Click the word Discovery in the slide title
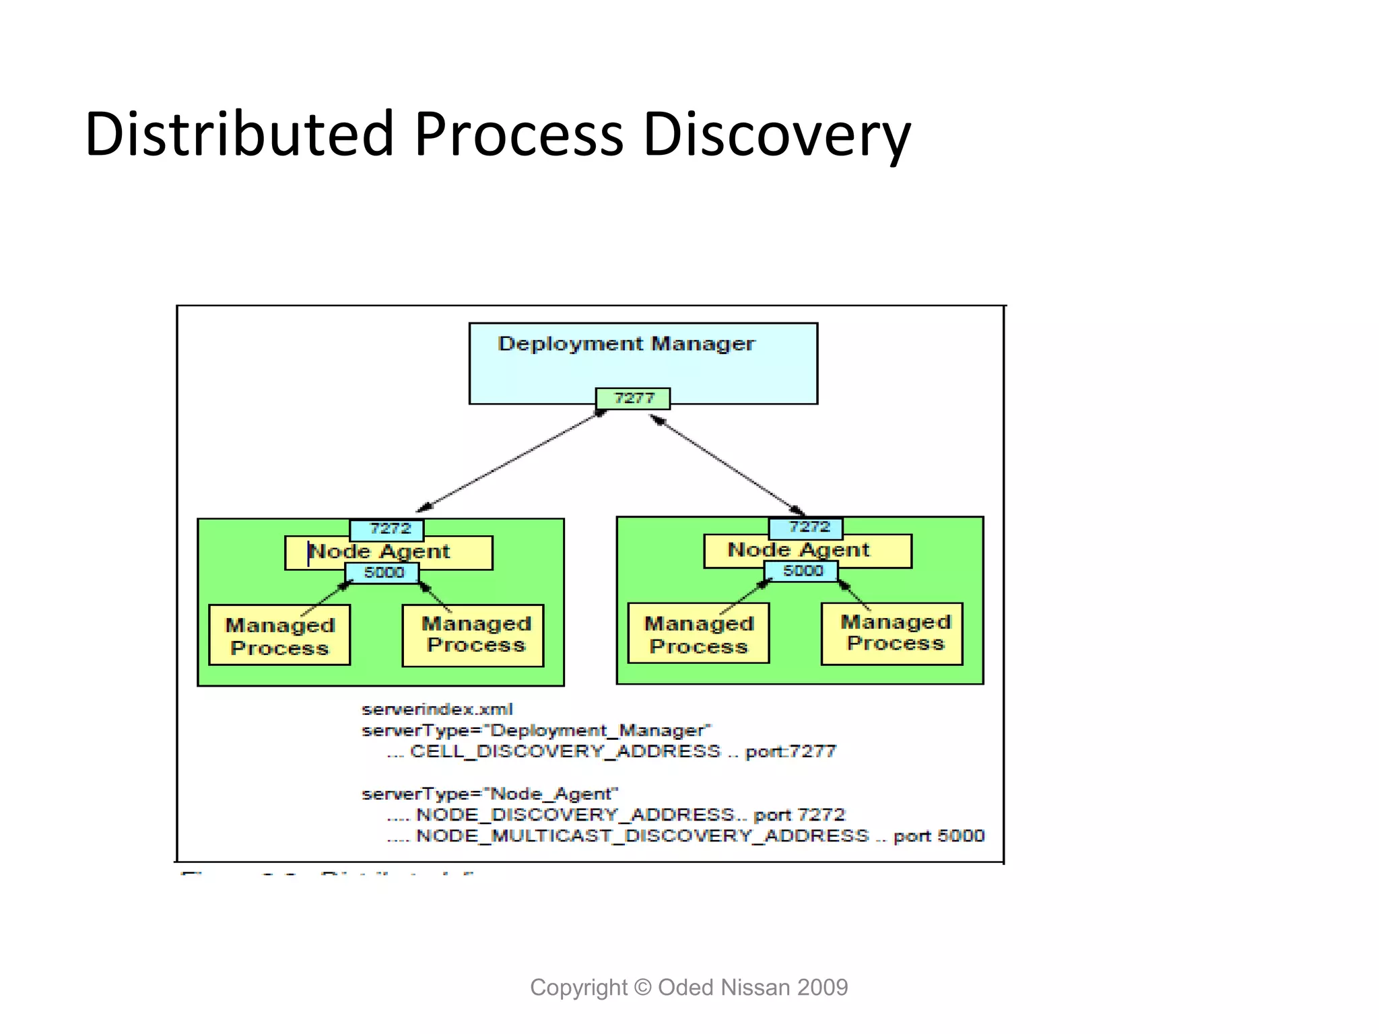pyautogui.click(x=776, y=135)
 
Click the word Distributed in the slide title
pyautogui.click(x=239, y=135)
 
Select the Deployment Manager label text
pyautogui.click(x=626, y=344)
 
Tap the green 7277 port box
pyautogui.click(x=633, y=399)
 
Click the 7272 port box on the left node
pyautogui.click(x=387, y=529)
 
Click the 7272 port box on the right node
pyautogui.click(x=806, y=528)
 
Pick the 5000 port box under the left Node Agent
pyautogui.click(x=382, y=573)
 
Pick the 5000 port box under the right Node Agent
pyautogui.click(x=801, y=572)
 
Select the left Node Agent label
pyautogui.click(x=379, y=551)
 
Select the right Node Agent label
pyautogui.click(x=799, y=550)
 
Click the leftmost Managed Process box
pyautogui.click(x=279, y=635)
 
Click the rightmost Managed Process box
pyautogui.click(x=892, y=634)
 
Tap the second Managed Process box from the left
pyautogui.click(x=473, y=635)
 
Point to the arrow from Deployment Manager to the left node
pyautogui.click(x=512, y=461)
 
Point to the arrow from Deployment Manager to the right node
pyautogui.click(x=727, y=464)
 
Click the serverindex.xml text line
pyautogui.click(x=437, y=710)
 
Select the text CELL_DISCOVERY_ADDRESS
pyautogui.click(x=565, y=751)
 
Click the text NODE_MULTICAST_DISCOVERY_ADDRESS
pyautogui.click(x=642, y=836)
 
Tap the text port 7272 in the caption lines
pyautogui.click(x=799, y=815)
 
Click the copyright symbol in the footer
pyautogui.click(x=643, y=988)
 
